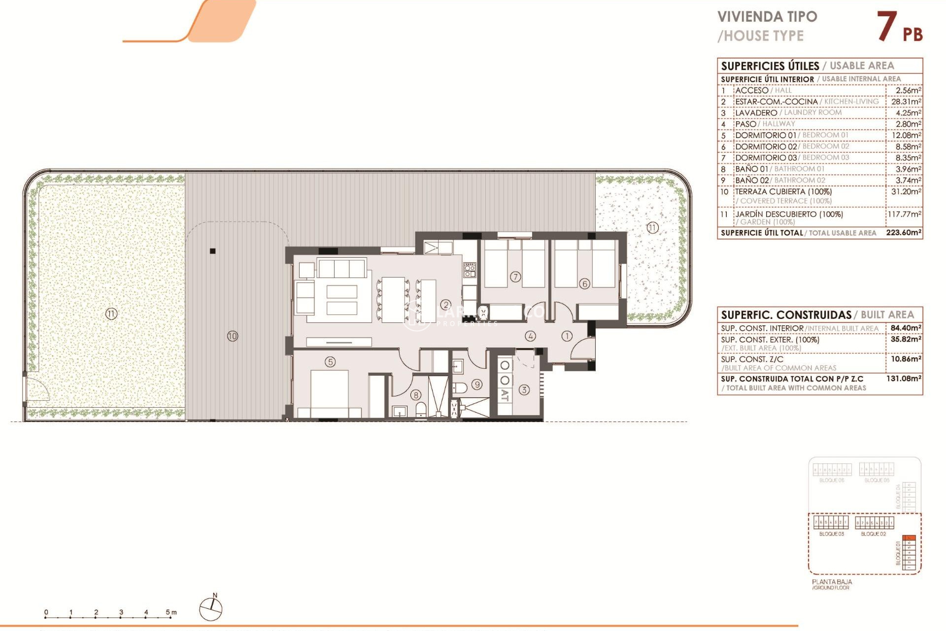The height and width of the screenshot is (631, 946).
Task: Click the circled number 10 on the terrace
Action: point(233,336)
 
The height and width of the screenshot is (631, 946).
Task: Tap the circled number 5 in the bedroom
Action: point(330,362)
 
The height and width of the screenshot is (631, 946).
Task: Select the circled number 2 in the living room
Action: point(445,305)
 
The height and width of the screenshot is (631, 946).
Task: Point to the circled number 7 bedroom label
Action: point(515,277)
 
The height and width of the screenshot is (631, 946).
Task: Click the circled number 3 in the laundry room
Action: point(524,389)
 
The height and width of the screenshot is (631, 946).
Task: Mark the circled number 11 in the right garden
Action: point(652,228)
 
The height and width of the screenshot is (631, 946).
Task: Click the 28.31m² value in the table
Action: point(906,102)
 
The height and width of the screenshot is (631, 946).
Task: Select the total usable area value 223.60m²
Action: point(904,232)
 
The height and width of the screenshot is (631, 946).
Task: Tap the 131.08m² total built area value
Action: point(904,379)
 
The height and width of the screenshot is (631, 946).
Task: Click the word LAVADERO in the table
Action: point(756,113)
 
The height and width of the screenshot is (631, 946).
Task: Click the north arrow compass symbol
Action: point(211,609)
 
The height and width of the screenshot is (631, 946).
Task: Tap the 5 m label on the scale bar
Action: point(170,612)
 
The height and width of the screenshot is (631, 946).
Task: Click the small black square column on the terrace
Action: point(213,251)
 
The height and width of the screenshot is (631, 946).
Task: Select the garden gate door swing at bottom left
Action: point(37,389)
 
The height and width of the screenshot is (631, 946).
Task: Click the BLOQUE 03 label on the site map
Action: point(831,534)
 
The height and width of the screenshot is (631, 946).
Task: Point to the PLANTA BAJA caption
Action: point(832,582)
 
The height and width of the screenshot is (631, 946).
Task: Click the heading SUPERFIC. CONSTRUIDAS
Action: point(786,315)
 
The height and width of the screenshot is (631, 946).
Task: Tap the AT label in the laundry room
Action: point(505,395)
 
